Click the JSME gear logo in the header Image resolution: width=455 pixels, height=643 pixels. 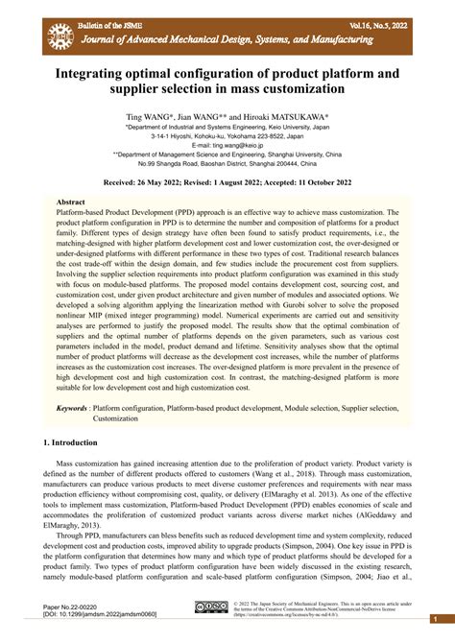coord(60,35)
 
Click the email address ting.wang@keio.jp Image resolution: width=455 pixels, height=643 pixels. coord(227,144)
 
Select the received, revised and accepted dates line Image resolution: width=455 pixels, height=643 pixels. coord(227,180)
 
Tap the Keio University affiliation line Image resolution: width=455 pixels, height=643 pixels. coord(227,125)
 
